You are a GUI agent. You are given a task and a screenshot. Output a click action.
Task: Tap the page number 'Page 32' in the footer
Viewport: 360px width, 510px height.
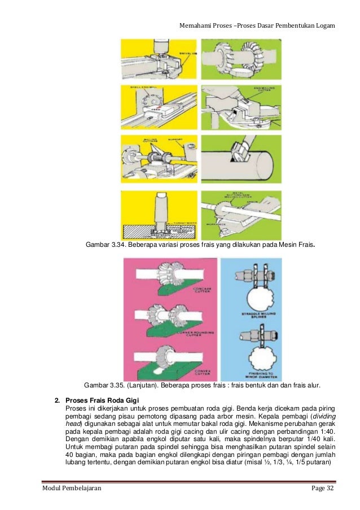tap(322, 487)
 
